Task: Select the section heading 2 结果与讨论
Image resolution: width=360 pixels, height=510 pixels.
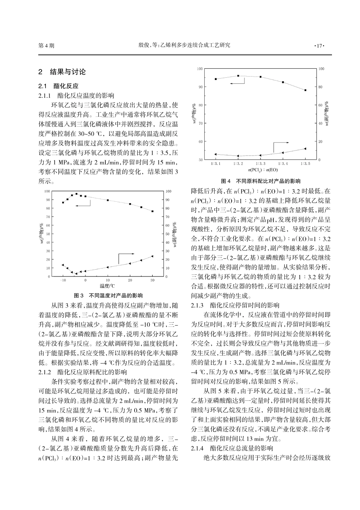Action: (63, 72)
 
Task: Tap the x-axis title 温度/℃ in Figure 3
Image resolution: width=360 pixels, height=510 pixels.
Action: (107, 286)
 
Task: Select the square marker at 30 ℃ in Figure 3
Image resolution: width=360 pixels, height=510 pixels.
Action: (152, 211)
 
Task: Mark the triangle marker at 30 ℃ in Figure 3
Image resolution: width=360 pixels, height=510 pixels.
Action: (152, 256)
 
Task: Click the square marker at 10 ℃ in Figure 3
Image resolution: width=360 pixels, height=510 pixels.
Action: (108, 200)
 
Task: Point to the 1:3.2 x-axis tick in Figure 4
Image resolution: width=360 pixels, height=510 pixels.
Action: (238, 163)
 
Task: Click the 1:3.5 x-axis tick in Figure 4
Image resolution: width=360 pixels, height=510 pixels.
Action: (305, 163)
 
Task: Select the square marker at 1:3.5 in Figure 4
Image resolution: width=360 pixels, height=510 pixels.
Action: (305, 90)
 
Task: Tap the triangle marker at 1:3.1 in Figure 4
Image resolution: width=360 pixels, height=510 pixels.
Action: (216, 154)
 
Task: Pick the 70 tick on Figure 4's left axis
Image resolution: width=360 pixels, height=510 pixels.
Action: (201, 123)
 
